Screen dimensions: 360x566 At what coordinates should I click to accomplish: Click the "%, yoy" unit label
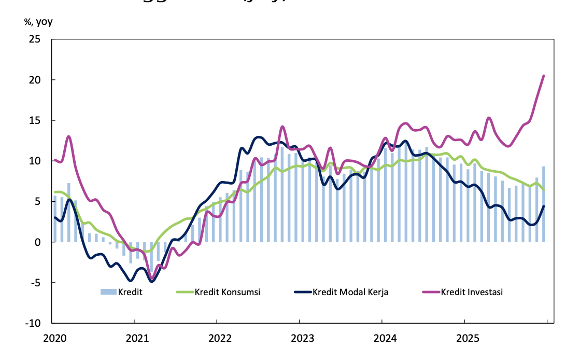click(38, 22)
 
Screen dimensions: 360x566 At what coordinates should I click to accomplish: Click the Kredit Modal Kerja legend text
click(350, 292)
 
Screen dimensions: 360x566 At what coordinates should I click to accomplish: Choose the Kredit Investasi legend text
click(472, 292)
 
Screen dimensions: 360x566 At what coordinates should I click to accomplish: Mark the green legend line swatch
click(184, 292)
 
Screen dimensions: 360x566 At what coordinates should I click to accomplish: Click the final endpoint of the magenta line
click(544, 76)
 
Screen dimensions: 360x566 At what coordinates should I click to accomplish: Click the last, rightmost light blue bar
click(544, 204)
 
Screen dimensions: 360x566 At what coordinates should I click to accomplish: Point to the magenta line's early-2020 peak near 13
click(69, 136)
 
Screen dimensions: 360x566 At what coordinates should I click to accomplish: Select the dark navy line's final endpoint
click(544, 206)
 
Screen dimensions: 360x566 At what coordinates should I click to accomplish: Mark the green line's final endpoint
click(544, 189)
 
